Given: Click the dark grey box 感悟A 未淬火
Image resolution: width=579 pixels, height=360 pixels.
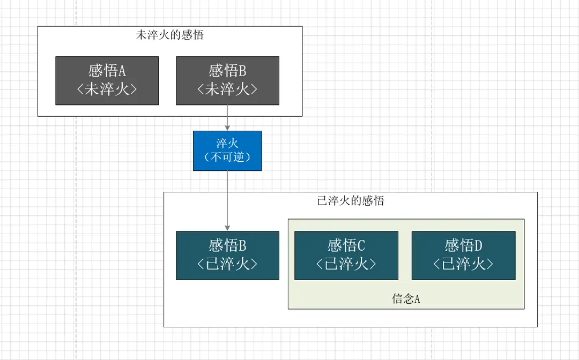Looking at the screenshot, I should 107,80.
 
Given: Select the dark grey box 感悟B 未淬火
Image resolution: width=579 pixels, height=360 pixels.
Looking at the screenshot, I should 227,80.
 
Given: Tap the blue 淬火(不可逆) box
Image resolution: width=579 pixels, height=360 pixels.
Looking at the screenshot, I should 227,151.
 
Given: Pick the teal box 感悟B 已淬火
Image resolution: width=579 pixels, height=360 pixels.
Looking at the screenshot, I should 227,256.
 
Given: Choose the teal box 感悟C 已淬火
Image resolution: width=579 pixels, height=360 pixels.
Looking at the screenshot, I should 346,256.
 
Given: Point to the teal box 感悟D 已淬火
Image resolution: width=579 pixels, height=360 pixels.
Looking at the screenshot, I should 463,256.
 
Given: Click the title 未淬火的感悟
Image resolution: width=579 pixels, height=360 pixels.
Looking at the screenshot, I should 170,35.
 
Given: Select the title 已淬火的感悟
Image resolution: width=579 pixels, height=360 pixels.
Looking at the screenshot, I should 351,201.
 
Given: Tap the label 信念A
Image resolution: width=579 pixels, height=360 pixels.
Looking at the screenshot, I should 406,299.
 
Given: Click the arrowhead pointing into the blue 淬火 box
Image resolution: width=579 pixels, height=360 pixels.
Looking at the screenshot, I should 227,127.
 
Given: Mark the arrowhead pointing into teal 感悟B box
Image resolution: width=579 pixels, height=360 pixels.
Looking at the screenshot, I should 227,228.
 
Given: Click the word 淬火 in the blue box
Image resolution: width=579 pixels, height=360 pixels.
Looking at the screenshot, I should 227,144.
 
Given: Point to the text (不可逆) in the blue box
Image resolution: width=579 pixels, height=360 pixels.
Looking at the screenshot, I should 227,157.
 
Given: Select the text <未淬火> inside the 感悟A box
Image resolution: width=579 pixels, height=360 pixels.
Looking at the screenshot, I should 107,89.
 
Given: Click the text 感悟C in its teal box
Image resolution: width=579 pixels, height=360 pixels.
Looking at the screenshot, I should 346,246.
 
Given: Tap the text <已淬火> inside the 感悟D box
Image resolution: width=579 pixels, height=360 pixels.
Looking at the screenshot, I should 463,264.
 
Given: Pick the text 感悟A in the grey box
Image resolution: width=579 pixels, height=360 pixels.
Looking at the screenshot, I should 107,71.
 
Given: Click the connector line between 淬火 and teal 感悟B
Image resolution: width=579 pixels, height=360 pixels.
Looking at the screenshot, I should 227,198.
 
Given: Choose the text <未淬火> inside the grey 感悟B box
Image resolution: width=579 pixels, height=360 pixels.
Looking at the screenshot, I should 227,89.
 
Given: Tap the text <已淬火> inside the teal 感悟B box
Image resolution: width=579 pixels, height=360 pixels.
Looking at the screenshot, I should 227,264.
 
